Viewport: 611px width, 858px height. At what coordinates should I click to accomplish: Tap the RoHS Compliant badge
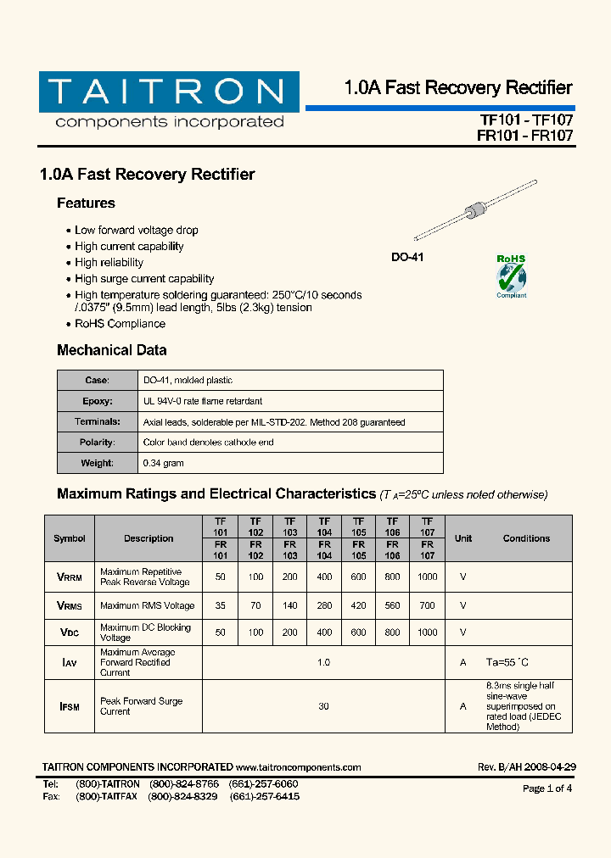tap(511, 276)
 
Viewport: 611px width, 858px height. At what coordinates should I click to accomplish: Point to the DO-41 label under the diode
tap(407, 257)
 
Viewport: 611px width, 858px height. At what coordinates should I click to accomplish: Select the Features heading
tap(86, 203)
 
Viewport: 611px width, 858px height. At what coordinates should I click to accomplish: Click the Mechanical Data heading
tap(111, 350)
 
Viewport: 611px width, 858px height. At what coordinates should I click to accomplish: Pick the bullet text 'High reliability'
tap(109, 263)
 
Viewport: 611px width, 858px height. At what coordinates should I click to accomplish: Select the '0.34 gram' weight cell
tap(164, 464)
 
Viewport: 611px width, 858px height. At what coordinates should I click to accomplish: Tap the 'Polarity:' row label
tap(97, 443)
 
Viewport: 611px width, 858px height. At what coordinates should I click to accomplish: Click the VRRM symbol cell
tap(70, 577)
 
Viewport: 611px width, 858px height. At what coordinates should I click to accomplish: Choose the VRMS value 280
tap(324, 606)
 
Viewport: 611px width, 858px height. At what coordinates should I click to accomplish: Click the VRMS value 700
tap(427, 606)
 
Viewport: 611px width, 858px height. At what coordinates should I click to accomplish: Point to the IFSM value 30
tap(323, 706)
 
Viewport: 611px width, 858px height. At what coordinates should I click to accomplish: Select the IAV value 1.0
tap(323, 663)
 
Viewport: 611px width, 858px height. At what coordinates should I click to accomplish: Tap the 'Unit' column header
tap(463, 538)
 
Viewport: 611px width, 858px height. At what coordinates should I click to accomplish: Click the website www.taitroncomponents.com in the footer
tap(299, 767)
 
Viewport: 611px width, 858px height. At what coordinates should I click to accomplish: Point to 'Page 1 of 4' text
tap(547, 788)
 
